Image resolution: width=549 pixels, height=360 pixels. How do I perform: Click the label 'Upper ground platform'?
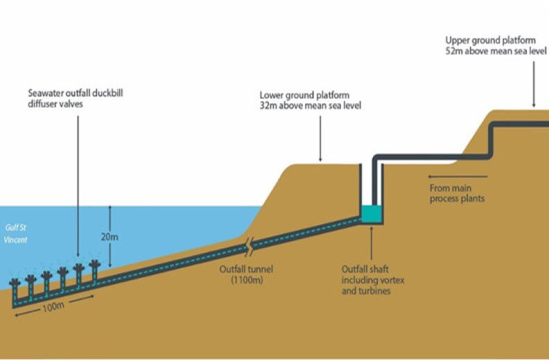pyautogui.click(x=490, y=41)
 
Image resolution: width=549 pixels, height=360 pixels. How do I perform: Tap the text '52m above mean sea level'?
pyautogui.click(x=496, y=51)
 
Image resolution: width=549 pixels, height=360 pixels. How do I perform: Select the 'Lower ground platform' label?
pyautogui.click(x=304, y=95)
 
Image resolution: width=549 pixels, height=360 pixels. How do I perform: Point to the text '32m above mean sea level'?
pyautogui.click(x=311, y=105)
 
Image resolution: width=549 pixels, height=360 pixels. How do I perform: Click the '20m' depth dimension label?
pyautogui.click(x=110, y=237)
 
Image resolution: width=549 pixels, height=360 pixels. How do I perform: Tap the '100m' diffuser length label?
pyautogui.click(x=53, y=307)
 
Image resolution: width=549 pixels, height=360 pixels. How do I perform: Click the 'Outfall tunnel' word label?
pyautogui.click(x=246, y=269)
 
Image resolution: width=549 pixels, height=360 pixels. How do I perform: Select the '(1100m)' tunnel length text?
pyautogui.click(x=247, y=280)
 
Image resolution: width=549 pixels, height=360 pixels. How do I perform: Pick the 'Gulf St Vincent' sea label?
pyautogui.click(x=16, y=234)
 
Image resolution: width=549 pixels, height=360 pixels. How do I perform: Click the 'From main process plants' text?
pyautogui.click(x=457, y=194)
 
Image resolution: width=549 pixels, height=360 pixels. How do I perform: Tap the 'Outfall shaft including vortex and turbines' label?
pyautogui.click(x=373, y=280)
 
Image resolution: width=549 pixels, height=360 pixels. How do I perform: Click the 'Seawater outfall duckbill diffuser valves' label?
pyautogui.click(x=76, y=98)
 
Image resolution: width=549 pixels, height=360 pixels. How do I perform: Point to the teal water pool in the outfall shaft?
pyautogui.click(x=371, y=214)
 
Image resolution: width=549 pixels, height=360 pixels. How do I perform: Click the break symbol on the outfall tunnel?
pyautogui.click(x=250, y=245)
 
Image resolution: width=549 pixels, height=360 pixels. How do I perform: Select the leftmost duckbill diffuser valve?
pyautogui.click(x=15, y=291)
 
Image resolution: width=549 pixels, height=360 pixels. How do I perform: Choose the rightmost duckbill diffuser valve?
pyautogui.click(x=94, y=271)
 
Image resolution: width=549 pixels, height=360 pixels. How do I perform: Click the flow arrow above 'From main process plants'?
pyautogui.click(x=458, y=177)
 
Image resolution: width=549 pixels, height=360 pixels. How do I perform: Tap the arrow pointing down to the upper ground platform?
pyautogui.click(x=534, y=84)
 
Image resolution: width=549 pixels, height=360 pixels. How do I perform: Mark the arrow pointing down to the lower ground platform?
pyautogui.click(x=320, y=139)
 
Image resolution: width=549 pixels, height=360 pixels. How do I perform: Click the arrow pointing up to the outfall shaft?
pyautogui.click(x=371, y=242)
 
